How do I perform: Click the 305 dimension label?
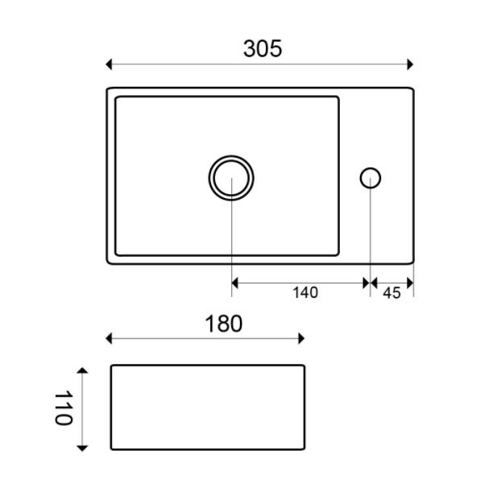[263, 49]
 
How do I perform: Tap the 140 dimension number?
[305, 293]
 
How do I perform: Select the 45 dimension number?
[391, 293]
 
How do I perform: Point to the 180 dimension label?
[223, 324]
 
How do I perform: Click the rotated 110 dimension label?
[64, 408]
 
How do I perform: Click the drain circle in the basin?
[231, 156]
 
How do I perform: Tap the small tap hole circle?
[371, 168]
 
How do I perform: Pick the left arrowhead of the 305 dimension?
[109, 64]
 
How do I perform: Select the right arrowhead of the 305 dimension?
[410, 64]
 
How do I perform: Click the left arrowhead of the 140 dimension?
[235, 283]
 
